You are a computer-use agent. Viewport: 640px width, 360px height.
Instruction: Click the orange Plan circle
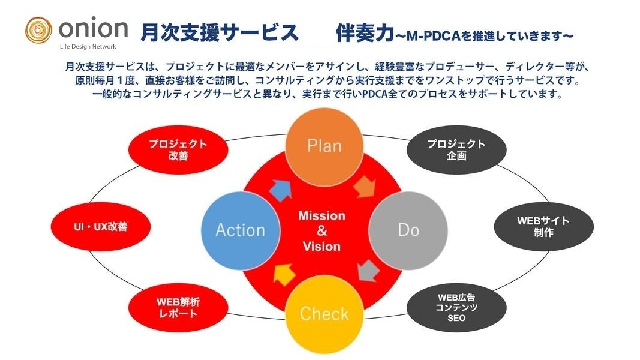[324, 146]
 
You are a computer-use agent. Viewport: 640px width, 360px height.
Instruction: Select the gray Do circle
[408, 230]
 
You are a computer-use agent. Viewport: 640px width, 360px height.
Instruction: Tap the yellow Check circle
[324, 313]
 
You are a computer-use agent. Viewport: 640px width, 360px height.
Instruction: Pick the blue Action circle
[240, 230]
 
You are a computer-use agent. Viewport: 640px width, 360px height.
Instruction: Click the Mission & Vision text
[322, 231]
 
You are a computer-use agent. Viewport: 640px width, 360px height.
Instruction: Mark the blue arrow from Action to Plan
[281, 188]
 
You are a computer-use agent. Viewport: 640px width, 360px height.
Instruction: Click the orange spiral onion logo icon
[38, 29]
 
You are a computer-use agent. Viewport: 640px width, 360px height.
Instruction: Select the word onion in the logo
[93, 28]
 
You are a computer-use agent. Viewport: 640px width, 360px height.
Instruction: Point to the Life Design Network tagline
[88, 46]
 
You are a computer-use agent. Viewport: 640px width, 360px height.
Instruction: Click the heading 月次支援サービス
[220, 32]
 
